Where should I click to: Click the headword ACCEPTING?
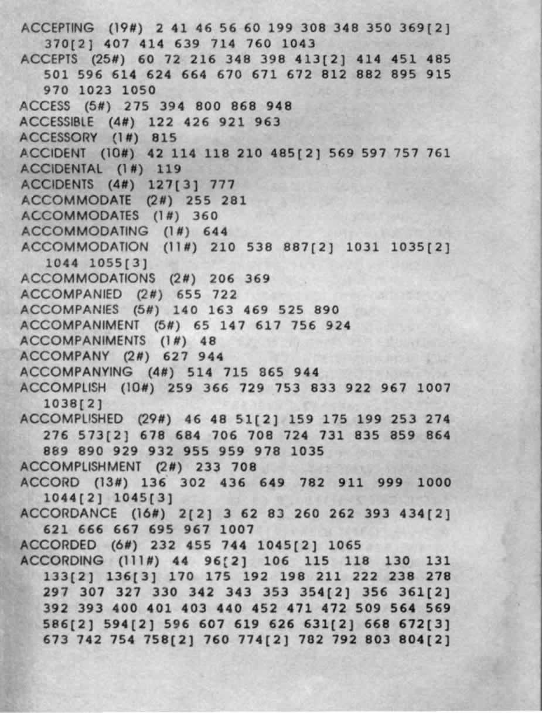(x=56, y=28)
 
